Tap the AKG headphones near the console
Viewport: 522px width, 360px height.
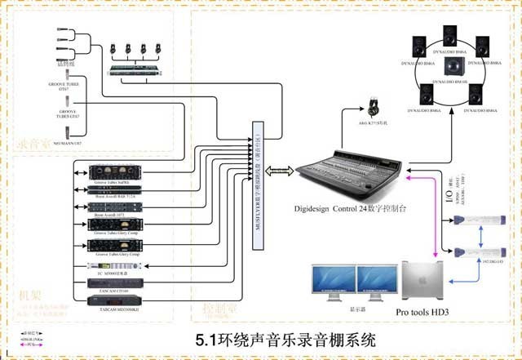[374, 108]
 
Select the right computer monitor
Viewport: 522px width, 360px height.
[377, 282]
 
